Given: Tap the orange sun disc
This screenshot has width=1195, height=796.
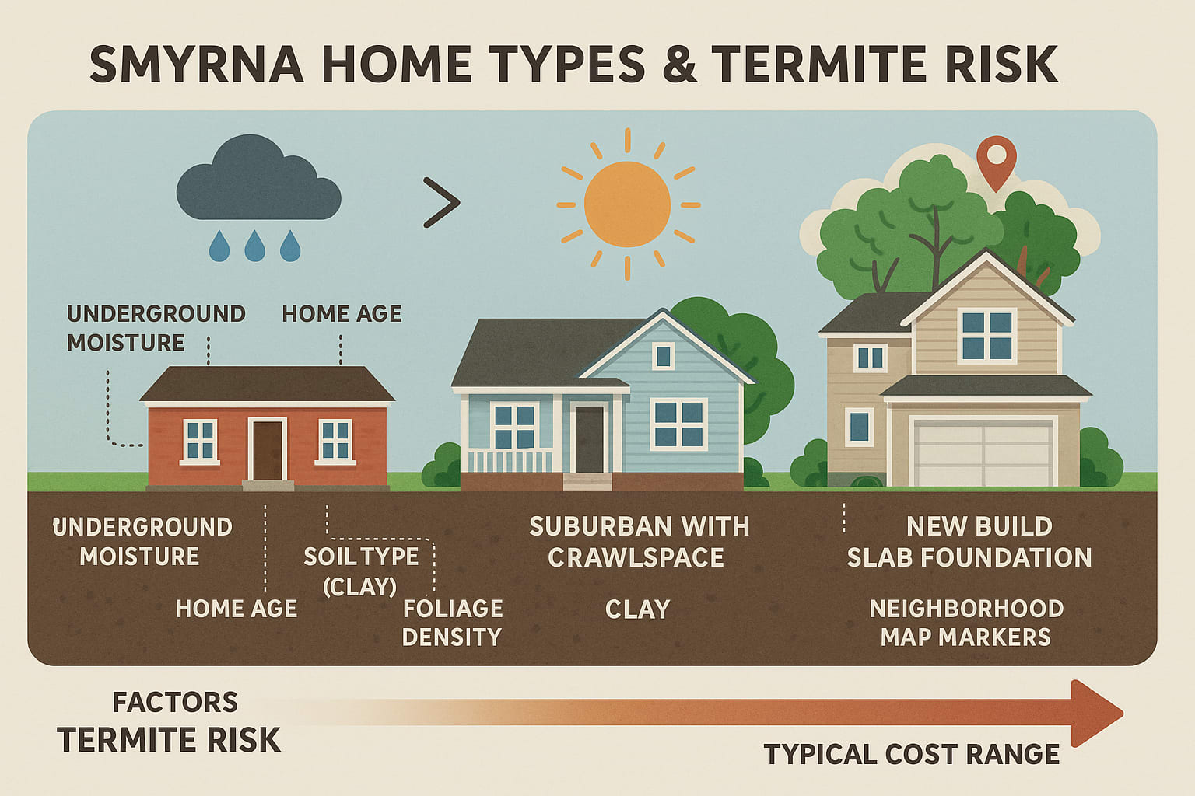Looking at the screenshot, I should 627,204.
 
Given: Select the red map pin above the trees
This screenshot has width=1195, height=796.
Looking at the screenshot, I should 997,159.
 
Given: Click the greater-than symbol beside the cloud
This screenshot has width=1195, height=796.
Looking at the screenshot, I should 441,203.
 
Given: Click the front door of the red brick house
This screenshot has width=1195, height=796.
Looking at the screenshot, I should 268,450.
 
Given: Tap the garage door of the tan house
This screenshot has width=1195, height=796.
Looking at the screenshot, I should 983,453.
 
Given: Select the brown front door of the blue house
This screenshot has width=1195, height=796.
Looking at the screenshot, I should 590,439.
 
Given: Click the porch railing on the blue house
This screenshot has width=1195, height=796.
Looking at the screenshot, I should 510,460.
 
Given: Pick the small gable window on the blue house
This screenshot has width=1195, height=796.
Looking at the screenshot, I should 663,357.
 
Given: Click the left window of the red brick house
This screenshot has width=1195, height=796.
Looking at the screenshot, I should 200,441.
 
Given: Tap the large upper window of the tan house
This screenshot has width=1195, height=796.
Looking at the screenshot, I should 986,335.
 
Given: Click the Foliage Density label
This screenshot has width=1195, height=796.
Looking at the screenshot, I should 452,623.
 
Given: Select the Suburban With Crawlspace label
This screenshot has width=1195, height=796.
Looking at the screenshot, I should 639,542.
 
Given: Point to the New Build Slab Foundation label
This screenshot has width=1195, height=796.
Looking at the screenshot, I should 969,542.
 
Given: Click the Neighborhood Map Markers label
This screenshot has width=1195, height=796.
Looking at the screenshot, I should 966,623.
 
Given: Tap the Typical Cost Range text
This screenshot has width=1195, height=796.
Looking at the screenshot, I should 911,754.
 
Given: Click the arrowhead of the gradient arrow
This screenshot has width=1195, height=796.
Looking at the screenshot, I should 1095,713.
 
